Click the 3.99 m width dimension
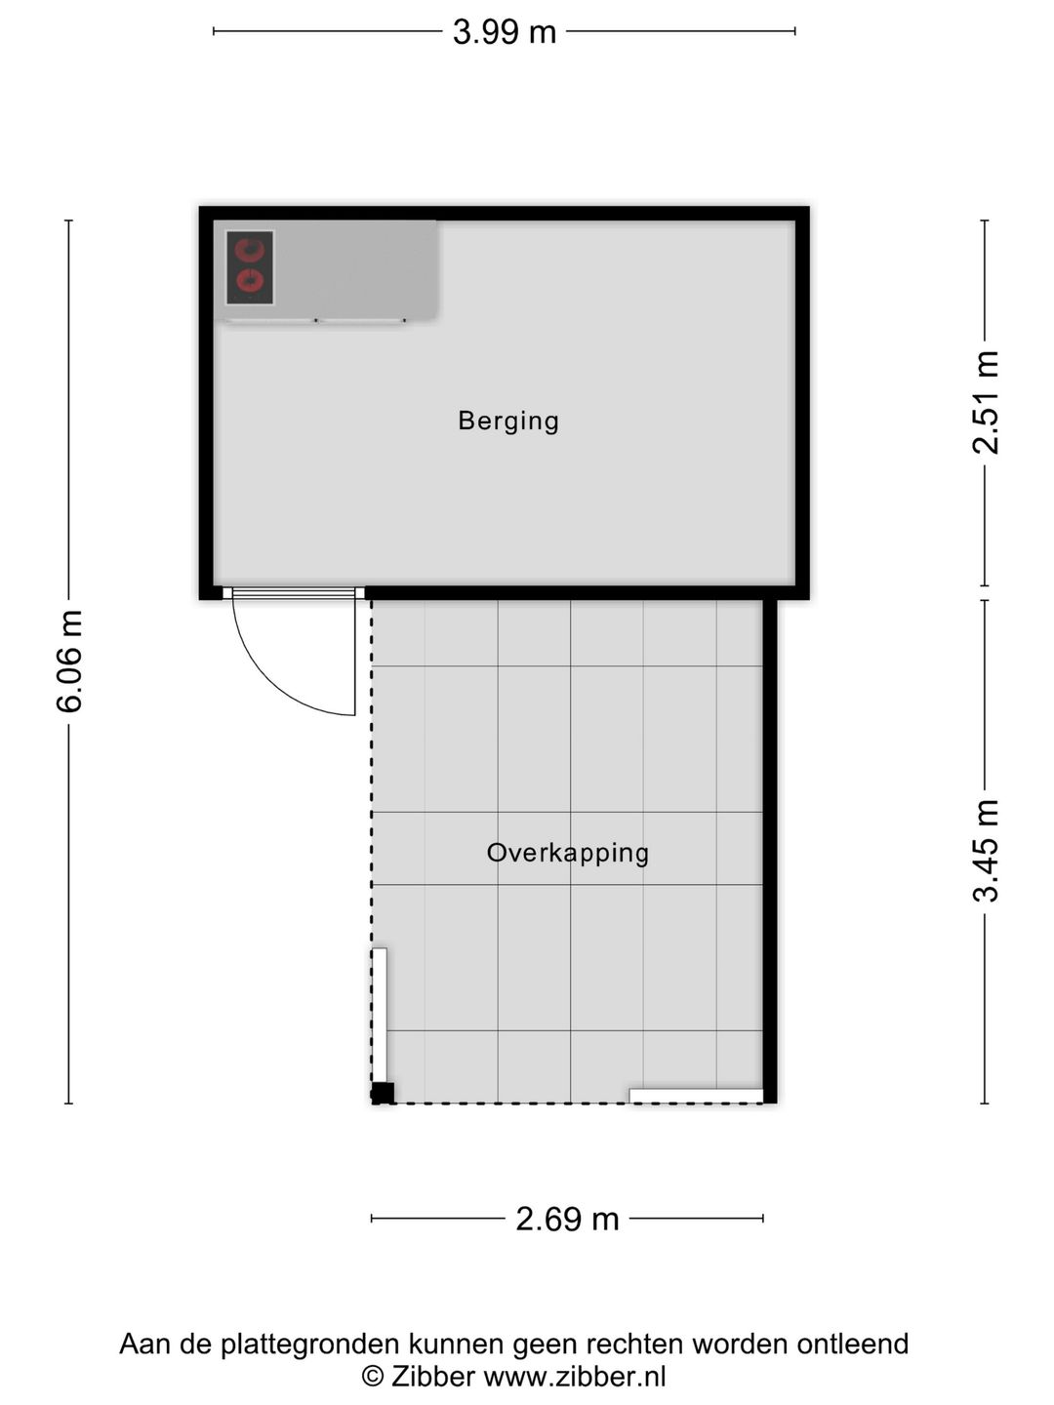[x=505, y=32]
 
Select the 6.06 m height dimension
[x=69, y=662]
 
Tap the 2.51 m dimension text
[x=986, y=402]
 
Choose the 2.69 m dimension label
[x=567, y=1219]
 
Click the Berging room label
[x=508, y=421]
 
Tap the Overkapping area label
[x=567, y=853]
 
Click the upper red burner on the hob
[x=251, y=250]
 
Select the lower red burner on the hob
[x=251, y=283]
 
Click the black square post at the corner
[x=383, y=1093]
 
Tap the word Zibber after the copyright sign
[x=432, y=1377]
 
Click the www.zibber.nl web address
[x=575, y=1377]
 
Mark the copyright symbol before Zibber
[x=372, y=1377]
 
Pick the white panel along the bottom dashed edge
[x=696, y=1096]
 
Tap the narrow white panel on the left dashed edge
[x=380, y=1015]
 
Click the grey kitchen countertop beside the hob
[x=356, y=268]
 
